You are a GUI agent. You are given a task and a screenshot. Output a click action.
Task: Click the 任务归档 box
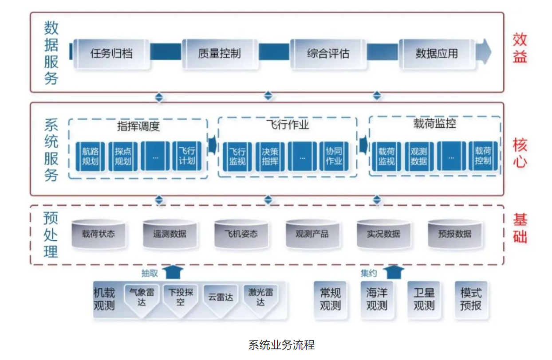(x=111, y=54)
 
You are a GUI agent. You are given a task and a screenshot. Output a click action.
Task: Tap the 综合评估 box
(x=328, y=54)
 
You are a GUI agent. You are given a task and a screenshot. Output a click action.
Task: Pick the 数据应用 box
(x=436, y=54)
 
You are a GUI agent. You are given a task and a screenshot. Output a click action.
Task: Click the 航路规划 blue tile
(x=90, y=156)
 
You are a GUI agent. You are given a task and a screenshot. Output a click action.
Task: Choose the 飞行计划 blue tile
(x=187, y=156)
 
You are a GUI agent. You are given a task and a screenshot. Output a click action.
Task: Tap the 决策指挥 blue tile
(x=270, y=156)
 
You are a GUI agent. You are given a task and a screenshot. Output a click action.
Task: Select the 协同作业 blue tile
(x=334, y=156)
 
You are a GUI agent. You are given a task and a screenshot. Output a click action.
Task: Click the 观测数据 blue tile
(x=418, y=156)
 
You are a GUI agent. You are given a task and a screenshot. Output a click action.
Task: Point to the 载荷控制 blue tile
(x=483, y=156)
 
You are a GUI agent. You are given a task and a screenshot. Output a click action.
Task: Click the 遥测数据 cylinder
(x=170, y=234)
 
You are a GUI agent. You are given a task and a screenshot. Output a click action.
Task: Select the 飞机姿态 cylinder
(x=241, y=234)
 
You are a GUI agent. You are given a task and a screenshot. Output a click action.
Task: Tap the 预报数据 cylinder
(x=454, y=234)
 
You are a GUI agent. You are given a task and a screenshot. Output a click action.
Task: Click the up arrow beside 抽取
(x=173, y=272)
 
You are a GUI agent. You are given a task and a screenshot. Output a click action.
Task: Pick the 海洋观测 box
(x=377, y=299)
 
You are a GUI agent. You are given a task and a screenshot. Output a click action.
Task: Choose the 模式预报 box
(x=471, y=299)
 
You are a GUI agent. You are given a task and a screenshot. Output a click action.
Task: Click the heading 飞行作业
(x=288, y=125)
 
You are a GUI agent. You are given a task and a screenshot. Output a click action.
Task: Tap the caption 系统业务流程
(x=281, y=344)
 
